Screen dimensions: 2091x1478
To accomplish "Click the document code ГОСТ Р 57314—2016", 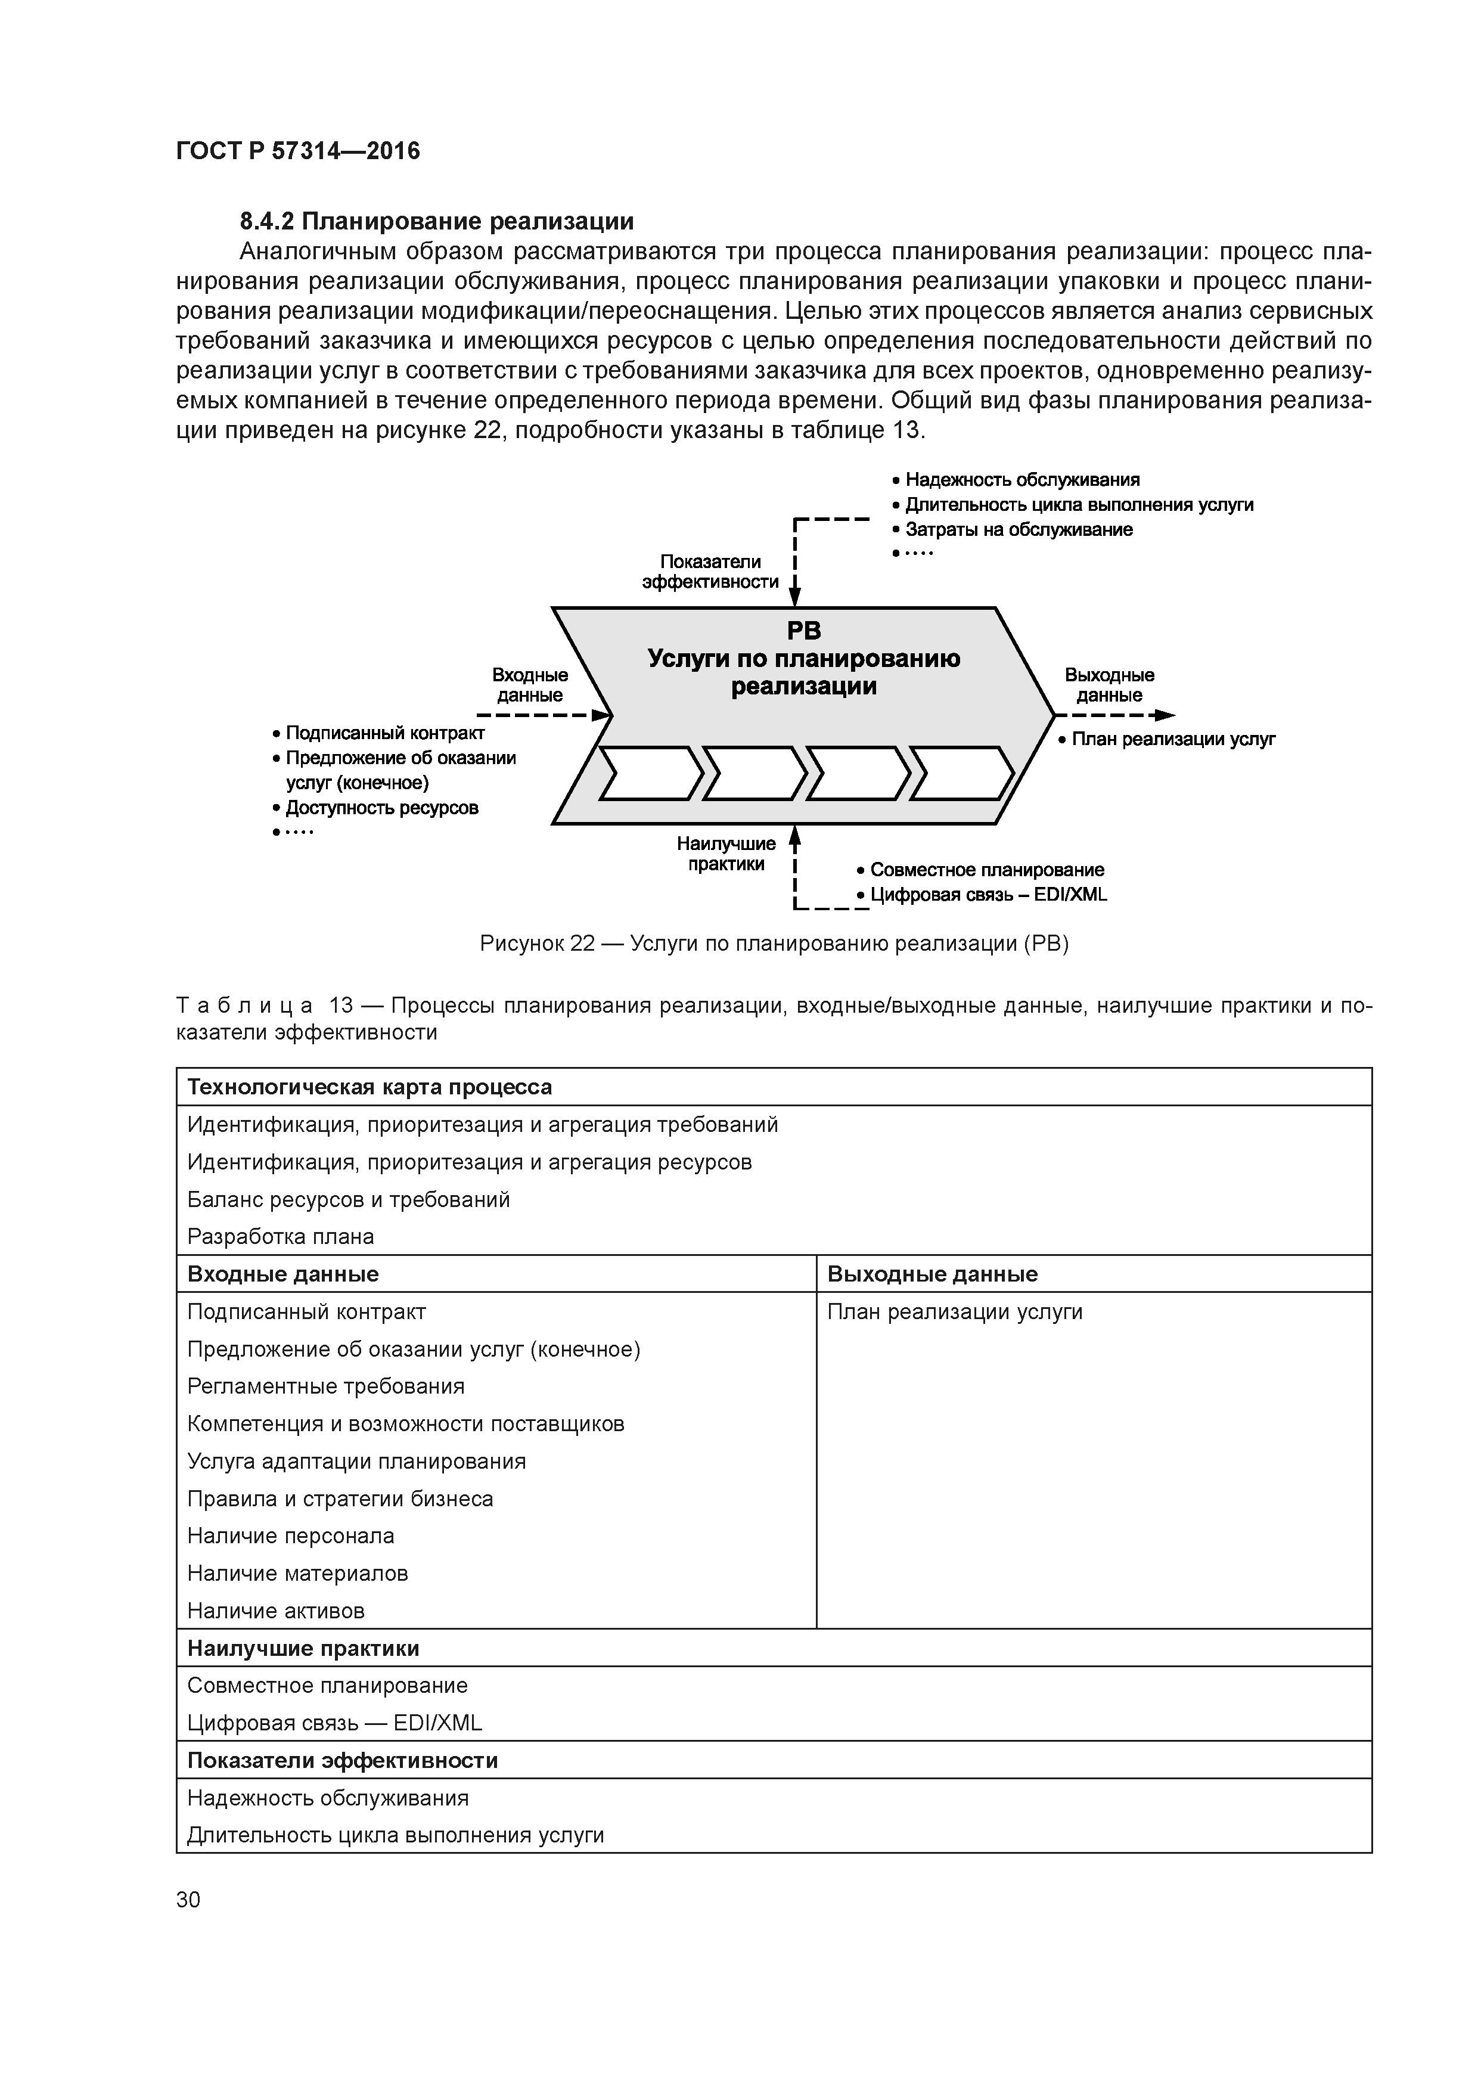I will pos(298,151).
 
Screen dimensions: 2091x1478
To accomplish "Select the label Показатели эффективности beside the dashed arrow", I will pos(710,572).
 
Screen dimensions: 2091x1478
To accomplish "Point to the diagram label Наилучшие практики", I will pos(726,854).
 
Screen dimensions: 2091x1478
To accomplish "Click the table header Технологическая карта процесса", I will pos(369,1087).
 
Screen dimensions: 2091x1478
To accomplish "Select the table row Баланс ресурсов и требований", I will pos(348,1199).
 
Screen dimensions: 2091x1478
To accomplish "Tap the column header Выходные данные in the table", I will pos(931,1274).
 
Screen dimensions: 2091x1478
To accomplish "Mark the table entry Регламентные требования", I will pos(325,1386).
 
